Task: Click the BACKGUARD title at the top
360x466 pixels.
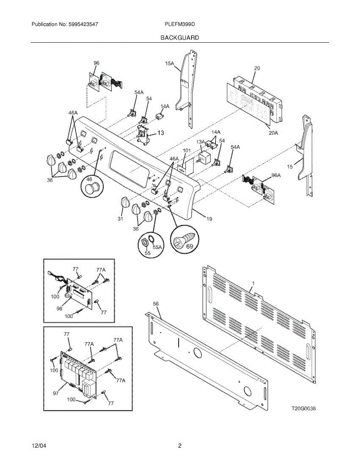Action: point(179,38)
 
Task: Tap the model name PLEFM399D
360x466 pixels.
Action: point(179,24)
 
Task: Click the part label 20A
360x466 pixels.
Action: point(273,133)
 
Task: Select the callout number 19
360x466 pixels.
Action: point(209,219)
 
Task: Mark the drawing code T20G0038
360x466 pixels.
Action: point(304,409)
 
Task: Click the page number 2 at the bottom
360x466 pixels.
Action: point(179,446)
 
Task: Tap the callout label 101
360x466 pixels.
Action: point(187,151)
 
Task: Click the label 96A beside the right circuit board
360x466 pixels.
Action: point(275,175)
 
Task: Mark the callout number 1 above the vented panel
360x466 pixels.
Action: point(252,284)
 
